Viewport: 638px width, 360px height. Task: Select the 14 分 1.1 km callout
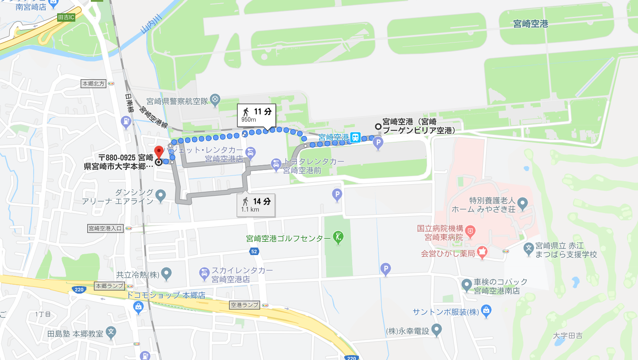point(256,205)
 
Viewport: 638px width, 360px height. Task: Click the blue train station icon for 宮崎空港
point(355,138)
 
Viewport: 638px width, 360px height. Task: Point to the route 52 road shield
point(253,252)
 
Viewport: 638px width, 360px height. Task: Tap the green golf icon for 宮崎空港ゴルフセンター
point(338,238)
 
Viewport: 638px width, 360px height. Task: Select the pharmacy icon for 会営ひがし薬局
point(482,253)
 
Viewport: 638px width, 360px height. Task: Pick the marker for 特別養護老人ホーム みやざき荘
point(523,204)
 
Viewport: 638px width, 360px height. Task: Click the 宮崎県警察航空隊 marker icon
point(215,99)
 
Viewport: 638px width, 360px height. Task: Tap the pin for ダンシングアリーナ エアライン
point(160,195)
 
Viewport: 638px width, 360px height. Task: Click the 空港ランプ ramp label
point(244,305)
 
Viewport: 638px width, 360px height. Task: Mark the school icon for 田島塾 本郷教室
point(111,331)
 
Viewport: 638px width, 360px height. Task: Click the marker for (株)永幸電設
point(437,329)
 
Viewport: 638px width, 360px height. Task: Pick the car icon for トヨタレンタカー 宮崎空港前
point(276,166)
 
